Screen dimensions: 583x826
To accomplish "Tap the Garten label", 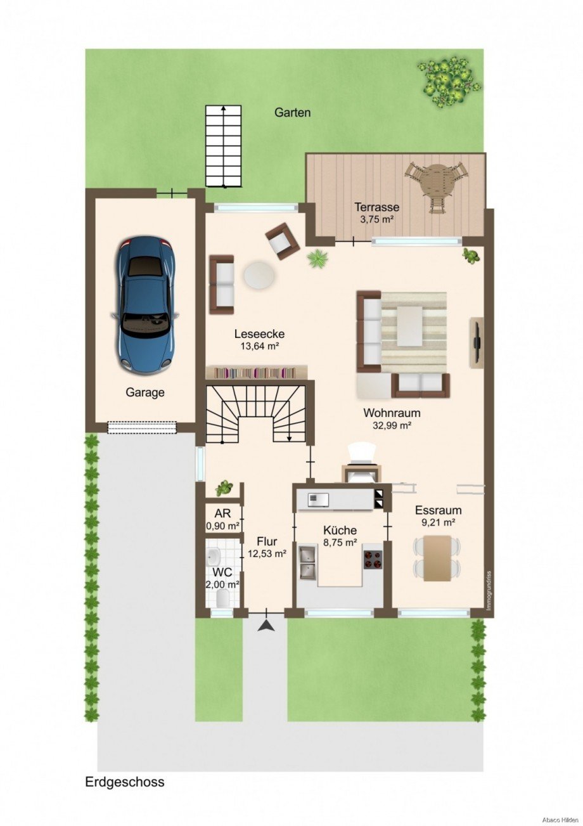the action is point(292,112).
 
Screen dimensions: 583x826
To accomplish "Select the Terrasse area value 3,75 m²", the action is point(376,219).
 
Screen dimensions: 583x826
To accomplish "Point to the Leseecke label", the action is point(259,334).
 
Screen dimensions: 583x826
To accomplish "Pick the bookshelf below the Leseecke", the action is point(257,372).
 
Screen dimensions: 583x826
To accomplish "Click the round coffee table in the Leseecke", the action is point(259,274).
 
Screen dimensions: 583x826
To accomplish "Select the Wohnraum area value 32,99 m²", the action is point(392,425).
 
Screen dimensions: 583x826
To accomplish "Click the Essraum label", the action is point(438,511).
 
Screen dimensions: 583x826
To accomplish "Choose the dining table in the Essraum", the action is point(437,558).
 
